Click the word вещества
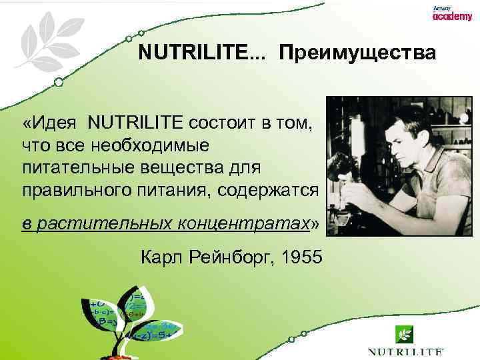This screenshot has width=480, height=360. (190, 166)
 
